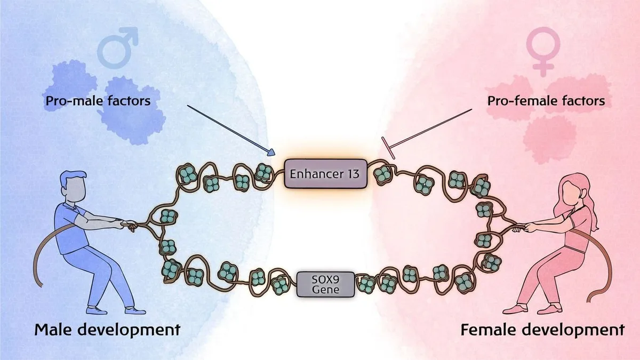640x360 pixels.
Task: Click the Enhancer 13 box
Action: click(x=325, y=173)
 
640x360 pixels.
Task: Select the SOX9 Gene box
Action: click(x=325, y=284)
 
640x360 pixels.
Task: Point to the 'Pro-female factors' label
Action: click(x=546, y=100)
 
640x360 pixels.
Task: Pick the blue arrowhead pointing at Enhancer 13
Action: click(x=270, y=153)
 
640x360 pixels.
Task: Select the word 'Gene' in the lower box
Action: click(x=325, y=290)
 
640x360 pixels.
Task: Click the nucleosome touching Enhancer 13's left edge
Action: click(x=263, y=172)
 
